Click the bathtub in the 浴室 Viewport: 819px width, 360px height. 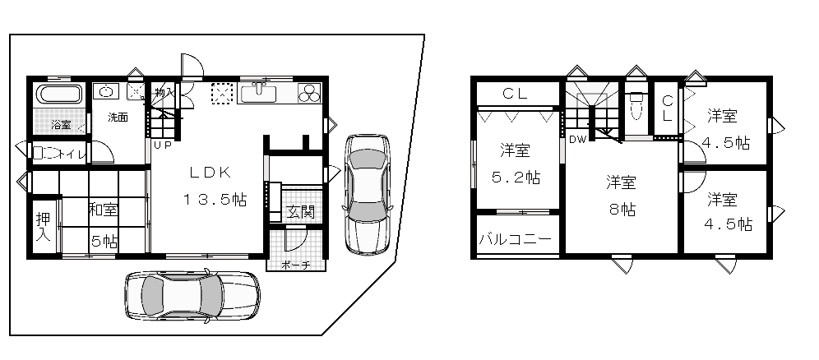point(59,95)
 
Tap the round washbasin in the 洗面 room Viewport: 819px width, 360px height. point(107,91)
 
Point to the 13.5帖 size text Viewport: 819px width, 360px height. point(214,199)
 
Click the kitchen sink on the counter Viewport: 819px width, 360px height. point(257,94)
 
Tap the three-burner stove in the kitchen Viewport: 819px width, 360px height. point(310,93)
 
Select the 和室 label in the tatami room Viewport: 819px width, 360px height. point(104,210)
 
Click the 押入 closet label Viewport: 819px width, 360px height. point(43,227)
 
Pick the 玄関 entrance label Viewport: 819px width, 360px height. point(300,212)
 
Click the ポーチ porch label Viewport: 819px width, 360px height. point(296,265)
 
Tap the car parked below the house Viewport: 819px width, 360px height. point(192,296)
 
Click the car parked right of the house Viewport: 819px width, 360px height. point(368,195)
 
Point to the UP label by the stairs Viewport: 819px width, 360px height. point(163,145)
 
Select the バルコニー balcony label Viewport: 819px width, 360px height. point(515,239)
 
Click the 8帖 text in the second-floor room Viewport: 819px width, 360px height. point(622,210)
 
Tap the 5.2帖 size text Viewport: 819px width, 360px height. point(516,178)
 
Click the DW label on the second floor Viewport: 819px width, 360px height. point(576,139)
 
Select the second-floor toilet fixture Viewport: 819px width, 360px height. point(636,107)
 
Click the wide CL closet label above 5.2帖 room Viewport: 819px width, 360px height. point(515,94)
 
